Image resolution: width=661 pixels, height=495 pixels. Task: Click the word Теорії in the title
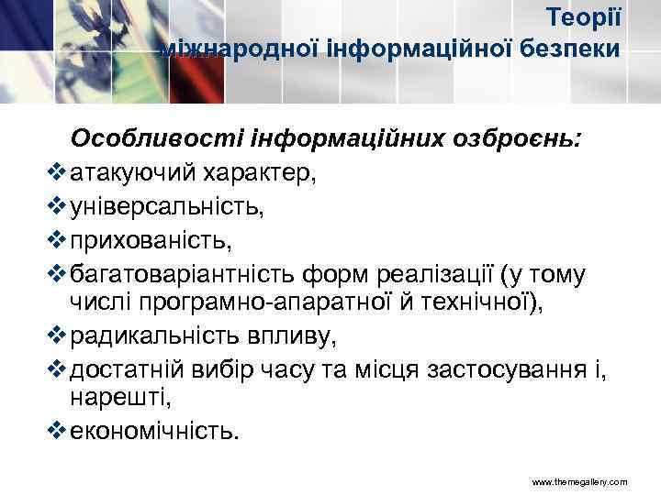584,17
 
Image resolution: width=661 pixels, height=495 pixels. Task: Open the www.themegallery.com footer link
578,480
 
